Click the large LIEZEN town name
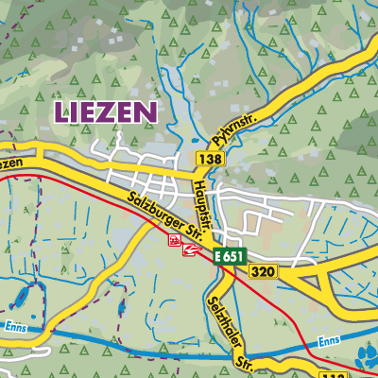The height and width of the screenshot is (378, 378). click(105, 112)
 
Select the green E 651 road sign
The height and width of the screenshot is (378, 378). click(228, 256)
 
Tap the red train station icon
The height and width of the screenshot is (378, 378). click(175, 242)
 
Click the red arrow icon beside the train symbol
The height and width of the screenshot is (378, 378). click(193, 249)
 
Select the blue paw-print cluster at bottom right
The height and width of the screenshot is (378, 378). click(365, 358)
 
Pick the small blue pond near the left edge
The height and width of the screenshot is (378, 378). click(16, 301)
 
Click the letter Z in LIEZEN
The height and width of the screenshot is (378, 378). click(112, 112)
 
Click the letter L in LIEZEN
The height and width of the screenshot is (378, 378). click(62, 112)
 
